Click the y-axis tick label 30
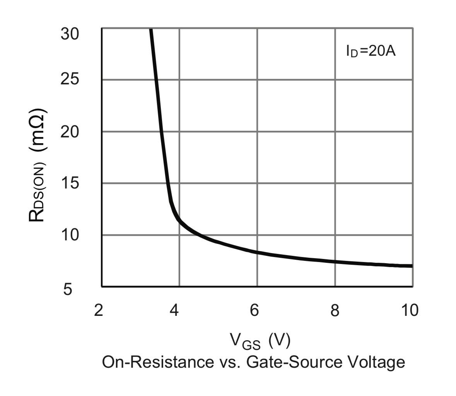[70, 34]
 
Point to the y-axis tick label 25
[70, 79]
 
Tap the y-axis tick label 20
[70, 132]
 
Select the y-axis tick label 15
[70, 183]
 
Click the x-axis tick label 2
[99, 310]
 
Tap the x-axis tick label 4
[175, 310]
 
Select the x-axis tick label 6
[254, 310]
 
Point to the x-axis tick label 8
[335, 310]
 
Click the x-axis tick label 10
[409, 310]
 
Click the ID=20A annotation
[371, 51]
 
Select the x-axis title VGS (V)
[260, 341]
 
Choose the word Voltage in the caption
[376, 362]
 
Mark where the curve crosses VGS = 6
[257, 252]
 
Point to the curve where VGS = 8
[335, 262]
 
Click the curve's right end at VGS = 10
[412, 266]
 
